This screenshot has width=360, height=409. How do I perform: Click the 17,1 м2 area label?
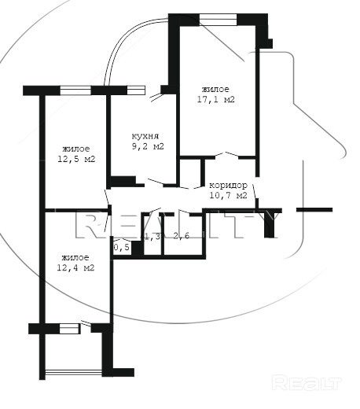tap(215, 99)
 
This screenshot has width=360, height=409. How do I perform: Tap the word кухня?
tap(145, 136)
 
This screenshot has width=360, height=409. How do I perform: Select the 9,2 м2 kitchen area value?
tap(148, 146)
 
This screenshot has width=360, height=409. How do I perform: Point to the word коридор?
tap(228, 186)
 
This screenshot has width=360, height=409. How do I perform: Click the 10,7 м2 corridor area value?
tap(228, 195)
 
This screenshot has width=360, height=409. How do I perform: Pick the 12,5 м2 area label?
tap(76, 159)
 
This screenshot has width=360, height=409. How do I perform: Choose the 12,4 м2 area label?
tap(75, 267)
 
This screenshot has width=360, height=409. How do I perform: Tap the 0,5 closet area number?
tap(122, 247)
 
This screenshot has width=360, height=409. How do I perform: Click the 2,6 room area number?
tap(182, 236)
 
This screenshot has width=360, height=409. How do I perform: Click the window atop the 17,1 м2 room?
tap(218, 20)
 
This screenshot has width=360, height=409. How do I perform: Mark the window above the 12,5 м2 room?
tap(75, 90)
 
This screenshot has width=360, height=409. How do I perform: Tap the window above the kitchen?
tap(136, 90)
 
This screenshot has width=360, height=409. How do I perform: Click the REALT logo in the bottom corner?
tap(307, 382)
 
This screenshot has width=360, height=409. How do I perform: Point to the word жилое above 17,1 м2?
tap(215, 90)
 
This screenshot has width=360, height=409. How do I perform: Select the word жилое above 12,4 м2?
tap(75, 258)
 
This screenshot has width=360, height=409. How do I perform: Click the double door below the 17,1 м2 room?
tap(226, 155)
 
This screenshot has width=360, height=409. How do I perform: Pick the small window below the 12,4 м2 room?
tap(69, 329)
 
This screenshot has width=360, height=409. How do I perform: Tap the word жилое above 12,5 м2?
tap(76, 149)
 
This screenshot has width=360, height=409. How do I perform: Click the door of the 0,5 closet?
tap(122, 240)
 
